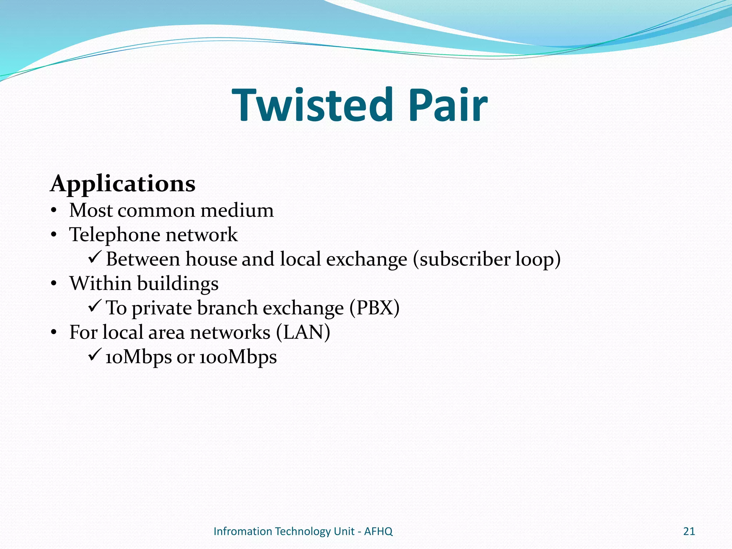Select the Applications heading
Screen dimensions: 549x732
[x=123, y=184]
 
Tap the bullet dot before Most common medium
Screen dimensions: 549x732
[x=54, y=211]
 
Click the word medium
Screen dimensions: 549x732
[x=237, y=210]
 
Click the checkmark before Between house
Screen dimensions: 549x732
[x=95, y=257]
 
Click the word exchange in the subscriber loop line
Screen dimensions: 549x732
[x=366, y=259]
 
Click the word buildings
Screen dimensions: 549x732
[x=178, y=284]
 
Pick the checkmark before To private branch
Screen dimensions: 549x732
[x=95, y=306]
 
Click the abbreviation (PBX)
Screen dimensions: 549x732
[x=374, y=308]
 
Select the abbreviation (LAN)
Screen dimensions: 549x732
[x=303, y=332]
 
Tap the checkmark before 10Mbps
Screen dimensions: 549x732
[x=95, y=355]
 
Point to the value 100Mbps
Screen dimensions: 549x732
[x=238, y=357]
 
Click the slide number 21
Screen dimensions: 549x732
[x=689, y=531]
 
